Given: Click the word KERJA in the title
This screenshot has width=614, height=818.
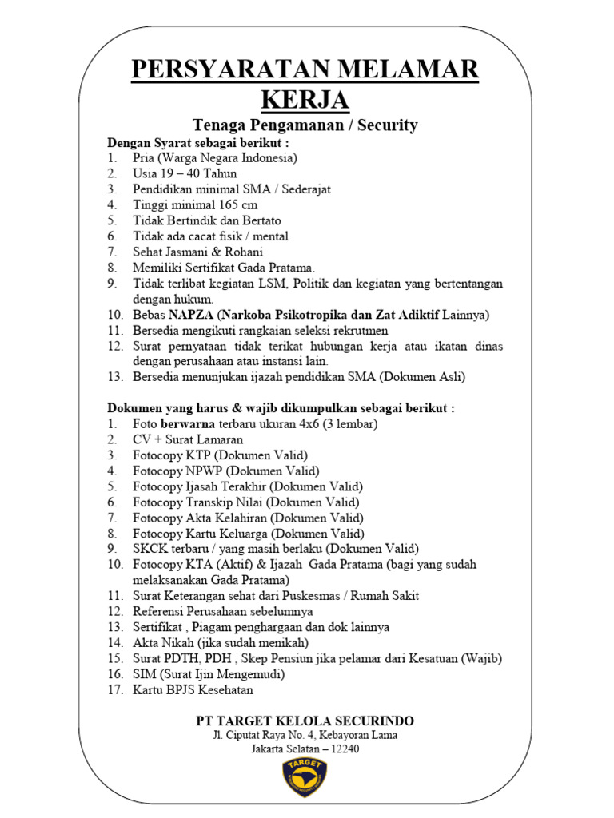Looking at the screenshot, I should click(x=305, y=101).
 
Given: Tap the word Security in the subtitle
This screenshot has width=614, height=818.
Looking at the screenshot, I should click(x=388, y=125).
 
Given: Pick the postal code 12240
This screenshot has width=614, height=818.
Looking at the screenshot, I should click(x=339, y=749).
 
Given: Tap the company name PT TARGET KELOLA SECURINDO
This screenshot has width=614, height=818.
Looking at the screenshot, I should click(x=305, y=721).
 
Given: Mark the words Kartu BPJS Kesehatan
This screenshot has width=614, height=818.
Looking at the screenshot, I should click(x=193, y=689).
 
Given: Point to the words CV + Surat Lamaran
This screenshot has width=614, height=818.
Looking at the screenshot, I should click(x=188, y=439).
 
